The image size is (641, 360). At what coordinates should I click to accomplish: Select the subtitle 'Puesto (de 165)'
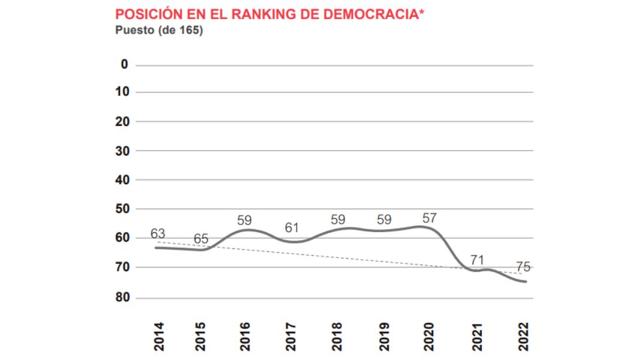point(159,30)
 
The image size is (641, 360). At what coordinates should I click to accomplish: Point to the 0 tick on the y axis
point(125,64)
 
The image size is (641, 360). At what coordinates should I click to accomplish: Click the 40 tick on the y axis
point(122,179)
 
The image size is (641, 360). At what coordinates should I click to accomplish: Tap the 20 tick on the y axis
point(122,121)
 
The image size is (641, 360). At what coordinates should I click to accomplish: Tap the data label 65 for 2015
point(201,239)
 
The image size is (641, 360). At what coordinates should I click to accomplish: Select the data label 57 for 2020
point(429,218)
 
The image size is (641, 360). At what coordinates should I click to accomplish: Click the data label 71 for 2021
point(477,260)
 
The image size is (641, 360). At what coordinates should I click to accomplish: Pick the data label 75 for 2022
point(523,268)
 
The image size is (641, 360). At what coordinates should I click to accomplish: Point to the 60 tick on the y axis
point(122,238)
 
